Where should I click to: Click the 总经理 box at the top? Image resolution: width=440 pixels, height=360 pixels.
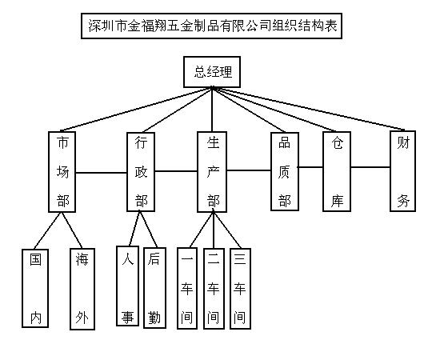[x=212, y=72]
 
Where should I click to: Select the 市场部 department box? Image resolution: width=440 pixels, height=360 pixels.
[x=62, y=172]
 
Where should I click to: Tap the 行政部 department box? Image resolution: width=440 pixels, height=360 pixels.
[x=141, y=172]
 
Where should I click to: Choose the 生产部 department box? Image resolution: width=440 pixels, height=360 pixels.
[x=212, y=172]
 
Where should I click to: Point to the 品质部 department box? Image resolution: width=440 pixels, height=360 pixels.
[x=285, y=171]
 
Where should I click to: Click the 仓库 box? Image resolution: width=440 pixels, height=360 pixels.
[x=337, y=171]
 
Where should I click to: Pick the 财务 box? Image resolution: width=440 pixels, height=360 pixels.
[x=402, y=171]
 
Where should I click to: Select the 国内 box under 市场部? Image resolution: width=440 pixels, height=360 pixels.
[x=35, y=288]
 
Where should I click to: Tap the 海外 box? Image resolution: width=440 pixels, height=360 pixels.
[x=82, y=289]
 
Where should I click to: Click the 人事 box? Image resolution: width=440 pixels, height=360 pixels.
[x=128, y=286]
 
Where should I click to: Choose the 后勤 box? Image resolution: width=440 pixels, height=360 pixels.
[x=154, y=288]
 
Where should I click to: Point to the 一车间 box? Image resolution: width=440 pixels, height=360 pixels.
[x=187, y=289]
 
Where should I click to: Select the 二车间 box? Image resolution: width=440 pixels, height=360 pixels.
[x=214, y=289]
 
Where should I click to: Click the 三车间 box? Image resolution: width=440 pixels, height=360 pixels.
[x=240, y=289]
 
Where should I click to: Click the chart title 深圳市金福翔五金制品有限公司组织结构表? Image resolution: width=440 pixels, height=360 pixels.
[x=211, y=26]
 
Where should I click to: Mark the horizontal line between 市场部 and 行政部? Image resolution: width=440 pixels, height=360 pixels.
[x=102, y=173]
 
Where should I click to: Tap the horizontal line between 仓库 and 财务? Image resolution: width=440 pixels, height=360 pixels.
[x=370, y=167]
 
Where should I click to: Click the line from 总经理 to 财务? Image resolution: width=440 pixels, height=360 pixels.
[x=308, y=109]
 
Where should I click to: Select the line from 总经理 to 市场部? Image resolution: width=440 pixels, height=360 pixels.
[x=136, y=109]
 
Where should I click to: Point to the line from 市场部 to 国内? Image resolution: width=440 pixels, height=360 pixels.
[x=47, y=230]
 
